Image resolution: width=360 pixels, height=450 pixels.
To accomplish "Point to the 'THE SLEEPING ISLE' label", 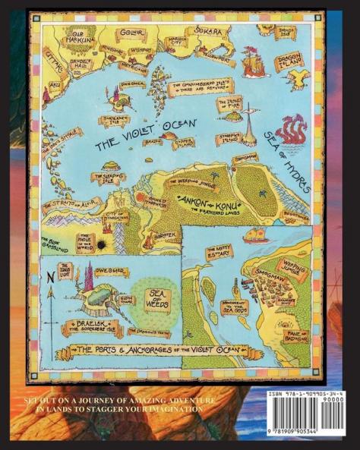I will pyautogui.click(x=106, y=178).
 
